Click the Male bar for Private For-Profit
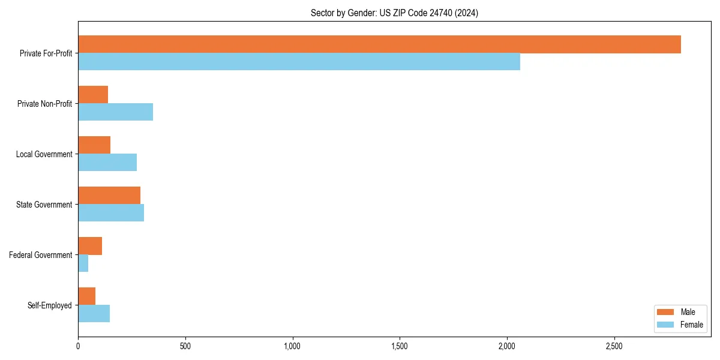pos(379,44)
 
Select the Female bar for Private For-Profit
pos(299,62)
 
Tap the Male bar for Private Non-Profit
pos(93,95)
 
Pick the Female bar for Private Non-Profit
pos(115,112)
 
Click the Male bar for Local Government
pos(94,145)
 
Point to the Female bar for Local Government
pos(107,163)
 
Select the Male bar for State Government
pos(109,196)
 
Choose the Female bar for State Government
pos(111,213)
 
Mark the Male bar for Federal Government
pos(90,246)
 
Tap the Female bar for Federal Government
pos(83,263)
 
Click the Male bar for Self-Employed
pos(87,296)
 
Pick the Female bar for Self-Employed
pos(94,314)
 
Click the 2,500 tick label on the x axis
pos(614,346)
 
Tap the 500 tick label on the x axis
pos(185,346)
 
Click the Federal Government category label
pos(41,255)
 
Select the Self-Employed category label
pos(50,305)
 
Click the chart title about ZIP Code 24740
pos(394,13)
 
